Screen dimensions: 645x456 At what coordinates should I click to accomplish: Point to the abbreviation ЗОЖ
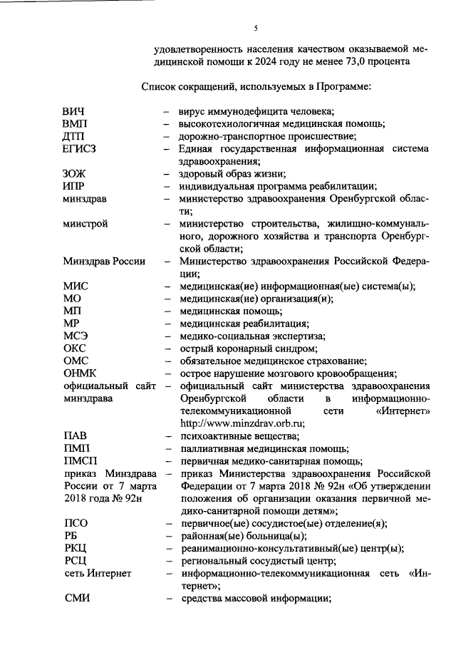pyautogui.click(x=75, y=174)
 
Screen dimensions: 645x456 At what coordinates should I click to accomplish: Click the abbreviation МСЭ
pyautogui.click(x=76, y=336)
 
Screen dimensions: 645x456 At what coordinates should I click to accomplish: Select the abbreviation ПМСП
pyautogui.click(x=80, y=460)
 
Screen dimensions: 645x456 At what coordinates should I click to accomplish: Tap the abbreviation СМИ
pyautogui.click(x=76, y=597)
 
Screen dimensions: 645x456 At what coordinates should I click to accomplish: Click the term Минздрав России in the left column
pyautogui.click(x=104, y=261)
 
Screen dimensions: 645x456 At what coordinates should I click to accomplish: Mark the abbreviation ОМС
pyautogui.click(x=76, y=361)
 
